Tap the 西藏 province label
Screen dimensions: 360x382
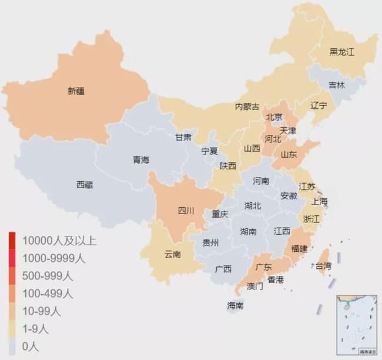(x=85, y=185)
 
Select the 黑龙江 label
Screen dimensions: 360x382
(x=342, y=52)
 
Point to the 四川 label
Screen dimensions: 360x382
(x=186, y=210)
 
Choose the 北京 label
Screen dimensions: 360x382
(x=274, y=117)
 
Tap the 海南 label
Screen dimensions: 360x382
(x=236, y=306)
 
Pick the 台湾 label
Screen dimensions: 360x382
(x=324, y=266)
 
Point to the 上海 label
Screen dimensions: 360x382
(x=320, y=202)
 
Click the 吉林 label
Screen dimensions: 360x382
(x=337, y=85)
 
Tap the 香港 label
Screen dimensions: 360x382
(x=276, y=281)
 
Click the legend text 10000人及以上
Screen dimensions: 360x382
(x=59, y=240)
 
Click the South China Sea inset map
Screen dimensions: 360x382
(x=355, y=324)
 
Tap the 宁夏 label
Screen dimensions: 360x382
(x=210, y=151)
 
